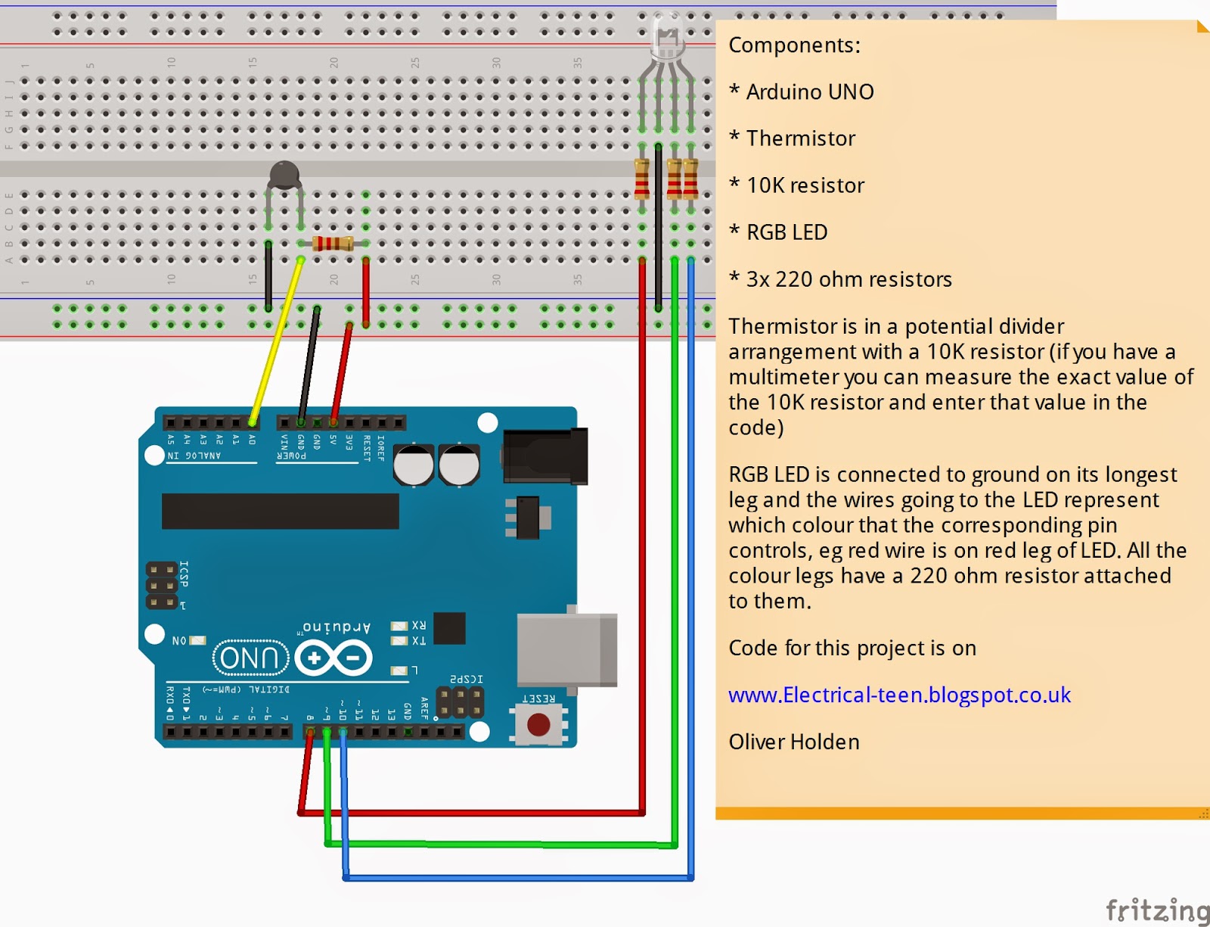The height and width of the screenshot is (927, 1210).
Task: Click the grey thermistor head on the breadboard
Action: pos(284,175)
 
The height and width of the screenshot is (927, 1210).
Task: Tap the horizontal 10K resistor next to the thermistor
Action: pos(333,243)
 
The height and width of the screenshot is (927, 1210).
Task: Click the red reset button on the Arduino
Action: pos(538,725)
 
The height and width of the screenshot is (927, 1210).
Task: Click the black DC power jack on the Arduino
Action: pos(544,456)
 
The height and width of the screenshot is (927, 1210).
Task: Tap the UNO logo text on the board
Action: pos(250,658)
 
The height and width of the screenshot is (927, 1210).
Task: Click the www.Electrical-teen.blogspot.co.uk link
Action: pos(899,695)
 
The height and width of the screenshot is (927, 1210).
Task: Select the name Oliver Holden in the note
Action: pos(794,742)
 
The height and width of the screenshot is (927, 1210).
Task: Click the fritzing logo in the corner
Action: pos(1156,909)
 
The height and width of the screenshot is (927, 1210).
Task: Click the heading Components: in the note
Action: pos(794,45)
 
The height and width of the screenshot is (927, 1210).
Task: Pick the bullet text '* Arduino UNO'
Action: pos(802,92)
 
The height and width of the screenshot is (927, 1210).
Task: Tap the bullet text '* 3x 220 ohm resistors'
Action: pos(840,279)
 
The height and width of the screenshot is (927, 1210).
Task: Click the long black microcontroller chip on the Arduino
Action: pos(280,511)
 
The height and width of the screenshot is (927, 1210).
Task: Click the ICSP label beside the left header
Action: pos(184,574)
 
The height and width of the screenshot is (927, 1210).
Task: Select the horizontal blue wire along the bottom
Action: pos(518,878)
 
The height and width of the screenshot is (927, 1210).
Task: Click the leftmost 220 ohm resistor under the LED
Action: pos(642,179)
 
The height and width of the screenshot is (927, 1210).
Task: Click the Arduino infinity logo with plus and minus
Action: pos(334,658)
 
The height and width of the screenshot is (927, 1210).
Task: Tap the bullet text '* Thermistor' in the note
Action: pos(793,138)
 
